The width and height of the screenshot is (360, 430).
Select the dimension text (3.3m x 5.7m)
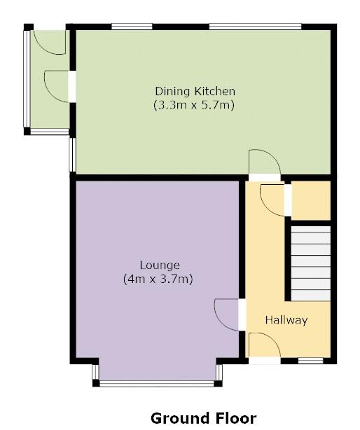(194, 106)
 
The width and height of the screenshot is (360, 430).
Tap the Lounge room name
(160, 265)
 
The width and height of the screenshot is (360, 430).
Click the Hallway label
(286, 320)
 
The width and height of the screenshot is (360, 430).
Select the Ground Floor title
(203, 418)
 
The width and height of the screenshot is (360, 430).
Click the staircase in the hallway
(310, 262)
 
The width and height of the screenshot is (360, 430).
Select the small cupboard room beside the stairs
(310, 200)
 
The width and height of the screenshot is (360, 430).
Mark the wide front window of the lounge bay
(158, 383)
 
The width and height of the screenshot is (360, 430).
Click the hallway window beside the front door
(310, 361)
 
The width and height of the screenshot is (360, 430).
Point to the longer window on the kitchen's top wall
(255, 27)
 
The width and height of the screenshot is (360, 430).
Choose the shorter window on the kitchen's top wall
(132, 27)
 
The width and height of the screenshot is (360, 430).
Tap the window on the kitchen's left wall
(71, 153)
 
